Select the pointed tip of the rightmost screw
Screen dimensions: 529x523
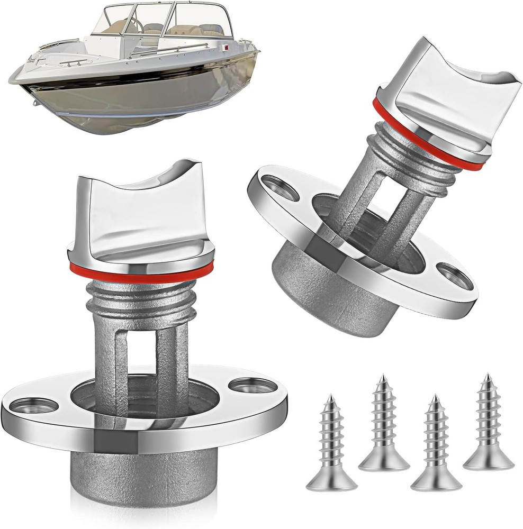click(x=487, y=377)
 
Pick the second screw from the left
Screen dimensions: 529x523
click(x=384, y=423)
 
